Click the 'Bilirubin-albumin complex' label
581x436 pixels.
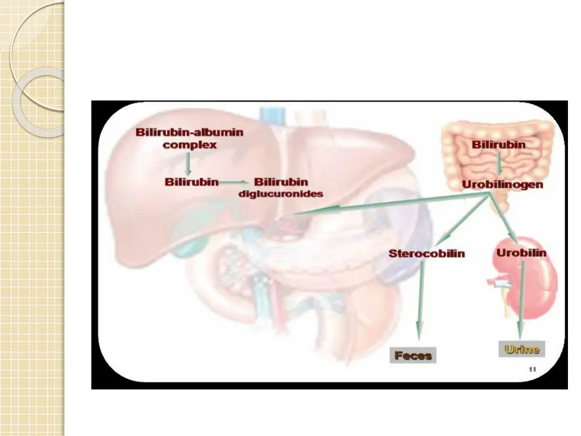click(x=190, y=138)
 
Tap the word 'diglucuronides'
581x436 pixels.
click(x=281, y=194)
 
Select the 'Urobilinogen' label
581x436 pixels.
click(x=502, y=184)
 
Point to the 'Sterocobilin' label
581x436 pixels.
click(x=427, y=253)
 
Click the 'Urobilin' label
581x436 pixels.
click(x=521, y=252)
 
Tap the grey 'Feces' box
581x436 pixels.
click(x=413, y=356)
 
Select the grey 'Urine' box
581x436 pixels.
click(x=521, y=349)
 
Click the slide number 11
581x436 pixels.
click(x=532, y=370)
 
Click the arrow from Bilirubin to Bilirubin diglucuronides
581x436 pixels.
click(x=234, y=182)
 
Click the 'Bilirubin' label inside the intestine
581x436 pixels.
click(x=499, y=145)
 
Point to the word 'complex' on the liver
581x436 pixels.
click(x=190, y=145)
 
